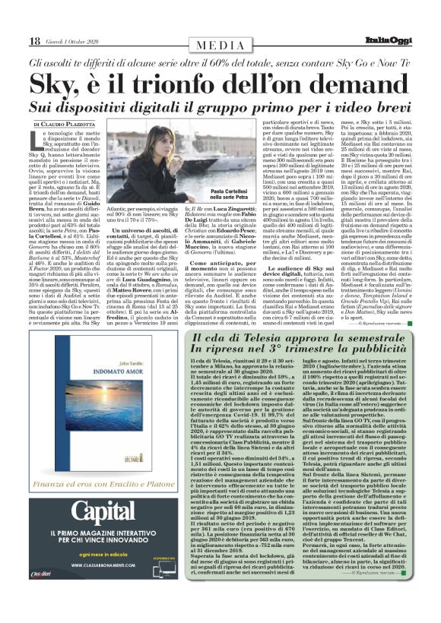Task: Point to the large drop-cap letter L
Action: pos(37,139)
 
